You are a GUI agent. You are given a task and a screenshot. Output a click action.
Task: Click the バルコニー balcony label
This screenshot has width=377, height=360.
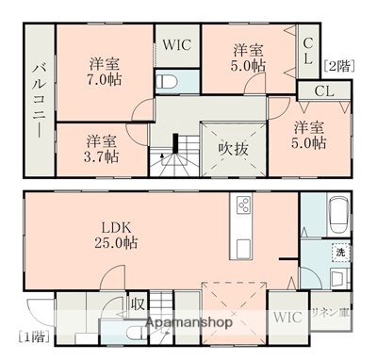(39, 100)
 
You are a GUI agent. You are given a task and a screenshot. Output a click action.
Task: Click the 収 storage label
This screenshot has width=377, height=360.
(138, 303)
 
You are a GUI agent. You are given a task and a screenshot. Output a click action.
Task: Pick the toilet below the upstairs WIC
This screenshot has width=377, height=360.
(169, 81)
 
